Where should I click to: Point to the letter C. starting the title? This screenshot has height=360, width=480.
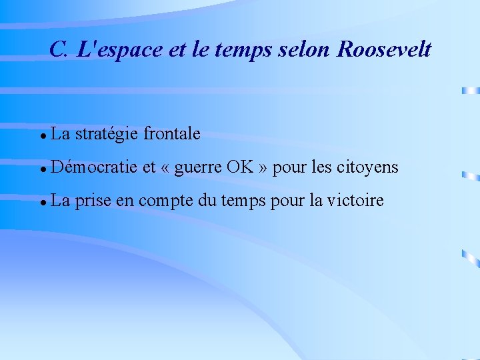coord(58,49)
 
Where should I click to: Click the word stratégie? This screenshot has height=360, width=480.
coord(107,134)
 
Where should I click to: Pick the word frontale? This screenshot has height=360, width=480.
coord(171,133)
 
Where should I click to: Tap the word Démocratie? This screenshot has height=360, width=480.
coord(93,167)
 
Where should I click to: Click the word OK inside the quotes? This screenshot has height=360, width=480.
coord(240,166)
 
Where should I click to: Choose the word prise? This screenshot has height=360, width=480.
coord(93,199)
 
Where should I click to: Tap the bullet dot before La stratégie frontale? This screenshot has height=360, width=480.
coord(42,135)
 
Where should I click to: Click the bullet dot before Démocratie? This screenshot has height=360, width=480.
coord(42,168)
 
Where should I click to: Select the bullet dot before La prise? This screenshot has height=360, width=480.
coord(42,201)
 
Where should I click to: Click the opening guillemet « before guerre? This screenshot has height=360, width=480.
coord(165,167)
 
